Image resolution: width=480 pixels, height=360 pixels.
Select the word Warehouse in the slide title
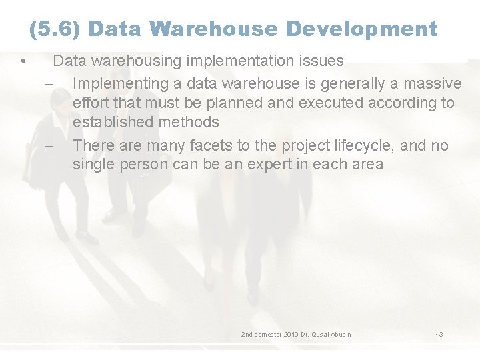(214, 29)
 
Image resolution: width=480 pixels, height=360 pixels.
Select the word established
(113, 123)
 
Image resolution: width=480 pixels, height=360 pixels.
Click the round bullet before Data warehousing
(23, 62)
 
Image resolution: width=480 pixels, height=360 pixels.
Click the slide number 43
(439, 334)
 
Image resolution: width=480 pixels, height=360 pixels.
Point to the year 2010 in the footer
(291, 334)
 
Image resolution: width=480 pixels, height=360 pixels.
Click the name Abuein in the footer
(339, 334)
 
